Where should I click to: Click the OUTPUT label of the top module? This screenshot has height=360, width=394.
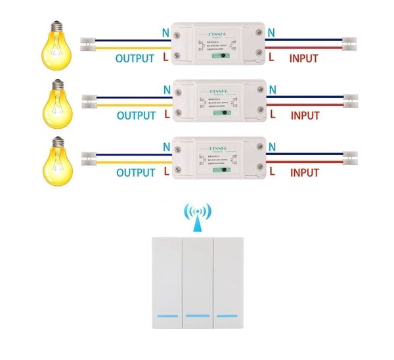135,58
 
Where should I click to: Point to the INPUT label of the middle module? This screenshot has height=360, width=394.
305,116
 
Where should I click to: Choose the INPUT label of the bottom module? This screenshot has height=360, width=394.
304,173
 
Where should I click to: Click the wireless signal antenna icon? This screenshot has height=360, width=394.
198,215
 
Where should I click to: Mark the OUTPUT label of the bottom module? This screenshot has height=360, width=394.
135,173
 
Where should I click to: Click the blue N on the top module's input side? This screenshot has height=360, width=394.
273,30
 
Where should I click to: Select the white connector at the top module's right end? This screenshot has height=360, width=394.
350,44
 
